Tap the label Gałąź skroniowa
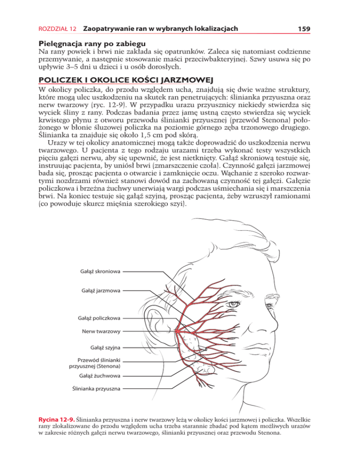pos(101,271)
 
